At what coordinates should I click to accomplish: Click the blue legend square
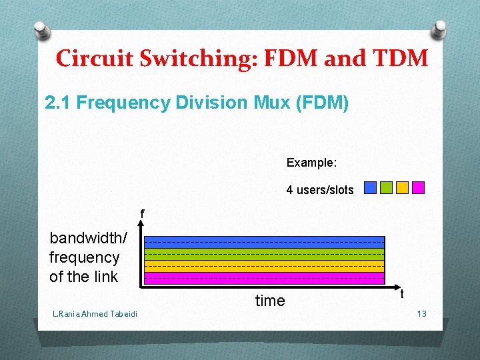click(x=371, y=188)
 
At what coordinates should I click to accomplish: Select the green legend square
click(x=386, y=188)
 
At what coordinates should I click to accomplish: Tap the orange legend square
click(x=402, y=188)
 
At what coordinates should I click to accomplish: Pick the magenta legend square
click(x=418, y=188)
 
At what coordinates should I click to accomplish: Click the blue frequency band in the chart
click(x=265, y=243)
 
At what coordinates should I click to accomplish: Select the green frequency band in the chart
click(x=265, y=254)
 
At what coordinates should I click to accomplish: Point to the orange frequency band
click(x=265, y=265)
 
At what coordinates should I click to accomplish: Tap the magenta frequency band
click(x=265, y=277)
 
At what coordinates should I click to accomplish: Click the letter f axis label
click(x=142, y=214)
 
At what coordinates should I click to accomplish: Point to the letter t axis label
click(x=402, y=293)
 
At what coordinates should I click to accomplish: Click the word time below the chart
click(x=270, y=301)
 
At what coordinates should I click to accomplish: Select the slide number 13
click(x=421, y=313)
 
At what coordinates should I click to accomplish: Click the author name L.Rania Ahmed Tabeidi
click(x=95, y=314)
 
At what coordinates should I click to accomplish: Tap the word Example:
click(x=311, y=163)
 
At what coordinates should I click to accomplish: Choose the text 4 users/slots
click(x=320, y=190)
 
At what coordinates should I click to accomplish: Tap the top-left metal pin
click(x=41, y=31)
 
